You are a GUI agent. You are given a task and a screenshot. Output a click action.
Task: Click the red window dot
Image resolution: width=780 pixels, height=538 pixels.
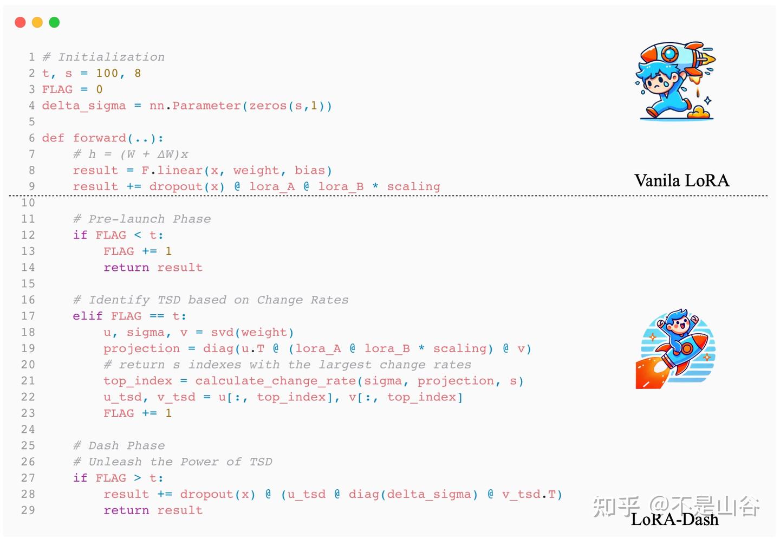[x=20, y=22]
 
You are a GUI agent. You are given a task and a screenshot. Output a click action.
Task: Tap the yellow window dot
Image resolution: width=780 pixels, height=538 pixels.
[x=37, y=22]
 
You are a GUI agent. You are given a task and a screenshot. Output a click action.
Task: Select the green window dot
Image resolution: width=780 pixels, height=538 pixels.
[x=54, y=22]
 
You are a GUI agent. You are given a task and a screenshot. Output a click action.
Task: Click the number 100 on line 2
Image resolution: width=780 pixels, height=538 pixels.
[x=107, y=73]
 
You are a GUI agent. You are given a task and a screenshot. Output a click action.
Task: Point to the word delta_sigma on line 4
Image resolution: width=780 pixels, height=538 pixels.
[x=84, y=106]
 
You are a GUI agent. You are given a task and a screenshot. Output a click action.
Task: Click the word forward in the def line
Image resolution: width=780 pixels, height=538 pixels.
[x=99, y=138]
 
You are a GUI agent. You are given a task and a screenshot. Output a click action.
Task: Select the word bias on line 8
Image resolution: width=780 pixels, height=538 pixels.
[x=310, y=170]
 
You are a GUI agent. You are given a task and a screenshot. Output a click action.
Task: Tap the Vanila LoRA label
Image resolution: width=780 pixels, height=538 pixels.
[x=681, y=180]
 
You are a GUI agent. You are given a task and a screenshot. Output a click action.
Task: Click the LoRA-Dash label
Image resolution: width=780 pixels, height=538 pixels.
[x=674, y=519]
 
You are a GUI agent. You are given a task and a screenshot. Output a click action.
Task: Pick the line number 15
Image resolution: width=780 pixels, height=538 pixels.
[x=28, y=283]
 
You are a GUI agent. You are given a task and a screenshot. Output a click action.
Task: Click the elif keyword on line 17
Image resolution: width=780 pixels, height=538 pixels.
[x=88, y=316]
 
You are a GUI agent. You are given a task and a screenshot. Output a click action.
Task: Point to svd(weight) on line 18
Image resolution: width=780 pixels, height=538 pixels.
[x=252, y=332]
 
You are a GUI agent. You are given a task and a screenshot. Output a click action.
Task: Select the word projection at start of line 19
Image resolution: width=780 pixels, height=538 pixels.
[x=142, y=348]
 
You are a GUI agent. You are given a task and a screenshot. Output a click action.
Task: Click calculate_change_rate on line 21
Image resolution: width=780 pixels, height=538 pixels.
[x=275, y=381]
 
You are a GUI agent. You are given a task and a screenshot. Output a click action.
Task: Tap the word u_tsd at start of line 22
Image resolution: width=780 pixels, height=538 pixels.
[x=122, y=397]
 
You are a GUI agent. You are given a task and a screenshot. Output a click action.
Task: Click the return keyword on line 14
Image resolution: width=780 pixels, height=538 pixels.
[x=126, y=268]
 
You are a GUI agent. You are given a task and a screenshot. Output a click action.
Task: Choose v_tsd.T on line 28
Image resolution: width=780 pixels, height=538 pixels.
[x=529, y=494]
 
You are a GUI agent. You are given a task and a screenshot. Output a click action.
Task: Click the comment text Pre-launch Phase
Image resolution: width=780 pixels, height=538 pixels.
[x=149, y=219]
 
